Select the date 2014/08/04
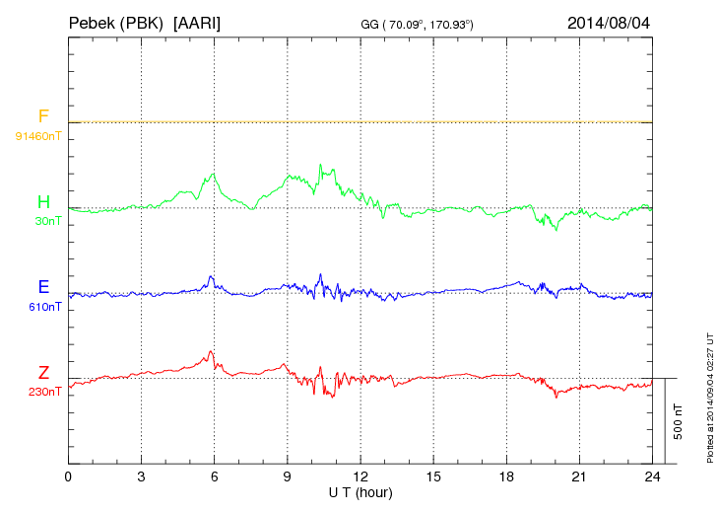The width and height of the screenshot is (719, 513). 609,22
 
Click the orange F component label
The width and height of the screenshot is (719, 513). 43,117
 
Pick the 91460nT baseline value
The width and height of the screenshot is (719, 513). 37,135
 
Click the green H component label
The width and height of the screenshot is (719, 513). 43,202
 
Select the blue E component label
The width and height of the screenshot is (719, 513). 43,288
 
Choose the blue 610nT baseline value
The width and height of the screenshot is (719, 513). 45,307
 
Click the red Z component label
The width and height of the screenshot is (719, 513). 43,373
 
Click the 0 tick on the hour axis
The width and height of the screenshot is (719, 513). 68,476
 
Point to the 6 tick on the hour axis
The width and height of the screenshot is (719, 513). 214,476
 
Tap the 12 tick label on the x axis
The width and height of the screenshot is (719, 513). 360,476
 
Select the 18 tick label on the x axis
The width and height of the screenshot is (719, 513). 506,476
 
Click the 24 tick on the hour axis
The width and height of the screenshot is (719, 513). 652,476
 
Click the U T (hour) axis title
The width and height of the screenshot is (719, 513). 360,491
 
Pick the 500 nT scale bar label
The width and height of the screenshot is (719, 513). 679,421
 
